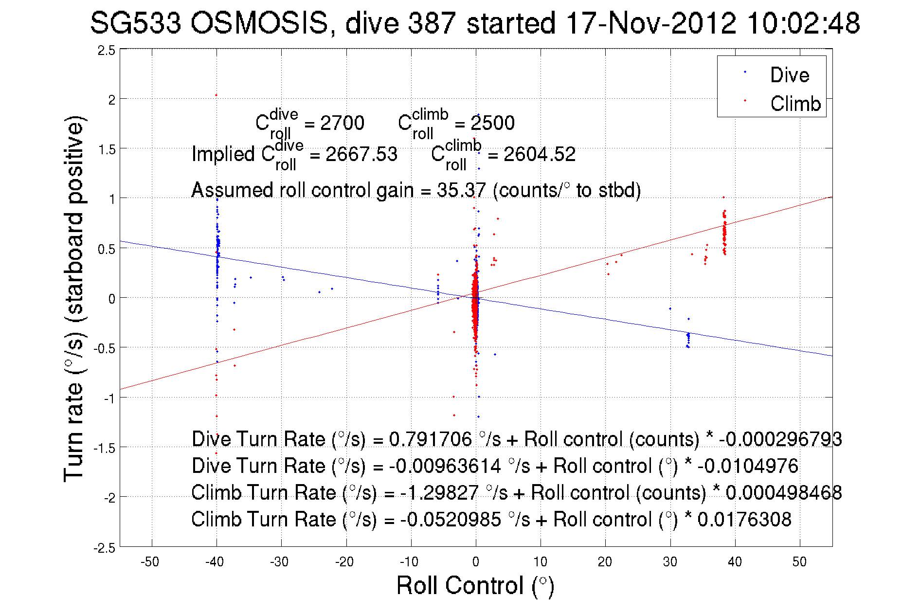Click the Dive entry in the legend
[789, 75]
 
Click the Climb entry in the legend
[795, 104]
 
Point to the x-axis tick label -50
[150, 562]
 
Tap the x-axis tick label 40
[735, 562]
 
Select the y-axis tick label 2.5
[107, 51]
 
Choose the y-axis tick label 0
[112, 298]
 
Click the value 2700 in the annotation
[342, 123]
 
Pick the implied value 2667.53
[361, 155]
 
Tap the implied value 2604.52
[539, 155]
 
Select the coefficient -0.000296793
[780, 439]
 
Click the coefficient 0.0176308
[744, 520]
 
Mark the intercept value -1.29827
[439, 493]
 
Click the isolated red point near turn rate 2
[216, 95]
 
